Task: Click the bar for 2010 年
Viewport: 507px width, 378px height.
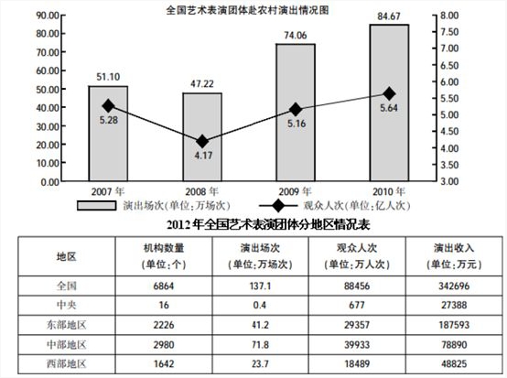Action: [389, 103]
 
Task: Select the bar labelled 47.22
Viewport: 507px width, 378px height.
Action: [202, 136]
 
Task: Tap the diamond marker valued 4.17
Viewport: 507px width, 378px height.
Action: [202, 141]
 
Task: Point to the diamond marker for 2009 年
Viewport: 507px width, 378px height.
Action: [296, 109]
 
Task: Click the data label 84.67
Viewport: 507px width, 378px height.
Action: [389, 16]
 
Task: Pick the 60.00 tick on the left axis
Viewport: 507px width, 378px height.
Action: [48, 70]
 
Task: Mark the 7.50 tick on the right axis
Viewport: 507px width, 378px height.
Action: [449, 32]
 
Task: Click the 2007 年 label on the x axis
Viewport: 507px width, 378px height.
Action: [108, 191]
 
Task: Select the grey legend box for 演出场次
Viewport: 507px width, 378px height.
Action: [96, 206]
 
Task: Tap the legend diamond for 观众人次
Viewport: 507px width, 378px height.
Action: [278, 206]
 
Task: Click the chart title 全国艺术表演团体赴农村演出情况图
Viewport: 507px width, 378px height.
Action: [247, 10]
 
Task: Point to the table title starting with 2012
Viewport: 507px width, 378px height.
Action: [268, 224]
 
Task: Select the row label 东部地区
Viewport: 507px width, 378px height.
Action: [67, 325]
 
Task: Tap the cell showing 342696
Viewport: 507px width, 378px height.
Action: [454, 286]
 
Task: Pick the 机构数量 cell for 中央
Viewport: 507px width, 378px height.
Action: [164, 305]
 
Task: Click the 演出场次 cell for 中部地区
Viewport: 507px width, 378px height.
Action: [260, 345]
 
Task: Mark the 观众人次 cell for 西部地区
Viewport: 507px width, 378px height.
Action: [357, 363]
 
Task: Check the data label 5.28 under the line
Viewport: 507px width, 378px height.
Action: [109, 120]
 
